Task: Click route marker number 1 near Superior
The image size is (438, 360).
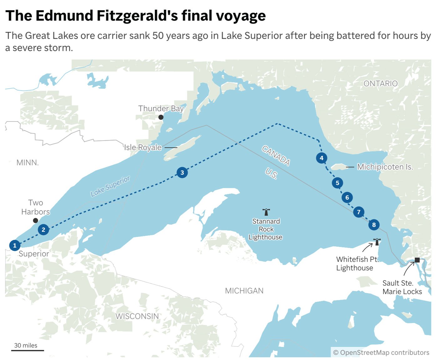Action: pyautogui.click(x=15, y=245)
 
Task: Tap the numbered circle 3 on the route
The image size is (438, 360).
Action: pyautogui.click(x=182, y=172)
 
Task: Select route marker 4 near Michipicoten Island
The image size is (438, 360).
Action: pyautogui.click(x=321, y=158)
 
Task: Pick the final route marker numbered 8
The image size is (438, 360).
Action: pyautogui.click(x=374, y=225)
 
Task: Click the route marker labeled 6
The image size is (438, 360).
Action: pyautogui.click(x=347, y=197)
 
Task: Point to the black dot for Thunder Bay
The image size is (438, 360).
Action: pyautogui.click(x=161, y=117)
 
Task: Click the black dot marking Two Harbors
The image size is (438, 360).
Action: pyautogui.click(x=35, y=221)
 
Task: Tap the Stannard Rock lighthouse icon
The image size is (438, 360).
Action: pyautogui.click(x=266, y=212)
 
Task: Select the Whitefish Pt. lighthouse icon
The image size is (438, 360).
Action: pyautogui.click(x=377, y=242)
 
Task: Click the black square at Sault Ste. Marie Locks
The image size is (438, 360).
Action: pyautogui.click(x=417, y=260)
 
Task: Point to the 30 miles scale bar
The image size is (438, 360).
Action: pyautogui.click(x=28, y=350)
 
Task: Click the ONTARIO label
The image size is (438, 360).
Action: pyautogui.click(x=380, y=84)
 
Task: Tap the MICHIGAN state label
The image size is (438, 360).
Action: pyautogui.click(x=244, y=291)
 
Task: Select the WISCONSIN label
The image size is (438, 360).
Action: pyautogui.click(x=137, y=316)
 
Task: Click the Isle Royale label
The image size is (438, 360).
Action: pyautogui.click(x=143, y=147)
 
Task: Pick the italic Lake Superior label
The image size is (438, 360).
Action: pyautogui.click(x=110, y=187)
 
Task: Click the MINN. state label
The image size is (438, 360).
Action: pyautogui.click(x=28, y=163)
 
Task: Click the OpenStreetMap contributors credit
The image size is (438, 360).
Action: pyautogui.click(x=381, y=352)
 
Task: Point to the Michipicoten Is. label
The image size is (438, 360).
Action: pyautogui.click(x=385, y=167)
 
